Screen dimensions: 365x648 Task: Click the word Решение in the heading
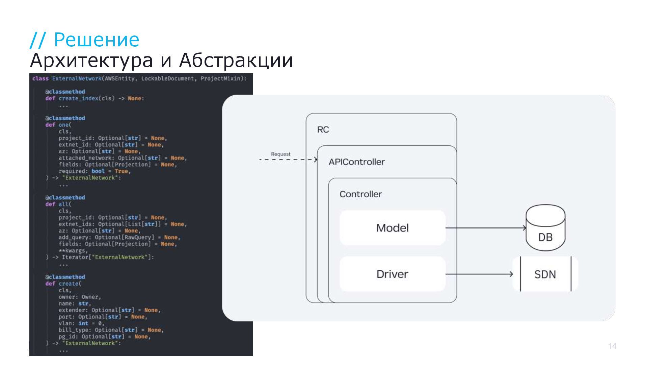pos(97,40)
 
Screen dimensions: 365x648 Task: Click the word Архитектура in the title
pos(91,60)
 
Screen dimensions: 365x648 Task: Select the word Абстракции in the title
pos(236,60)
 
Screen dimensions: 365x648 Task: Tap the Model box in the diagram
pos(392,228)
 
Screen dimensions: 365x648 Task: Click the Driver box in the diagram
pos(392,274)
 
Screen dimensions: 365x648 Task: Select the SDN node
pos(545,274)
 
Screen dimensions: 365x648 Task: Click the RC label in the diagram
pos(323,130)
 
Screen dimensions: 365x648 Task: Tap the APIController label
pos(357,162)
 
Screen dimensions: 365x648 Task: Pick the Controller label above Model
pos(360,194)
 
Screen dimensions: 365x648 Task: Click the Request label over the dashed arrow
pos(280,154)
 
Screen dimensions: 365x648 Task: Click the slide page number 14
pos(612,346)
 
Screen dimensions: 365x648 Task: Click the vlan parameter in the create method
pos(65,323)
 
